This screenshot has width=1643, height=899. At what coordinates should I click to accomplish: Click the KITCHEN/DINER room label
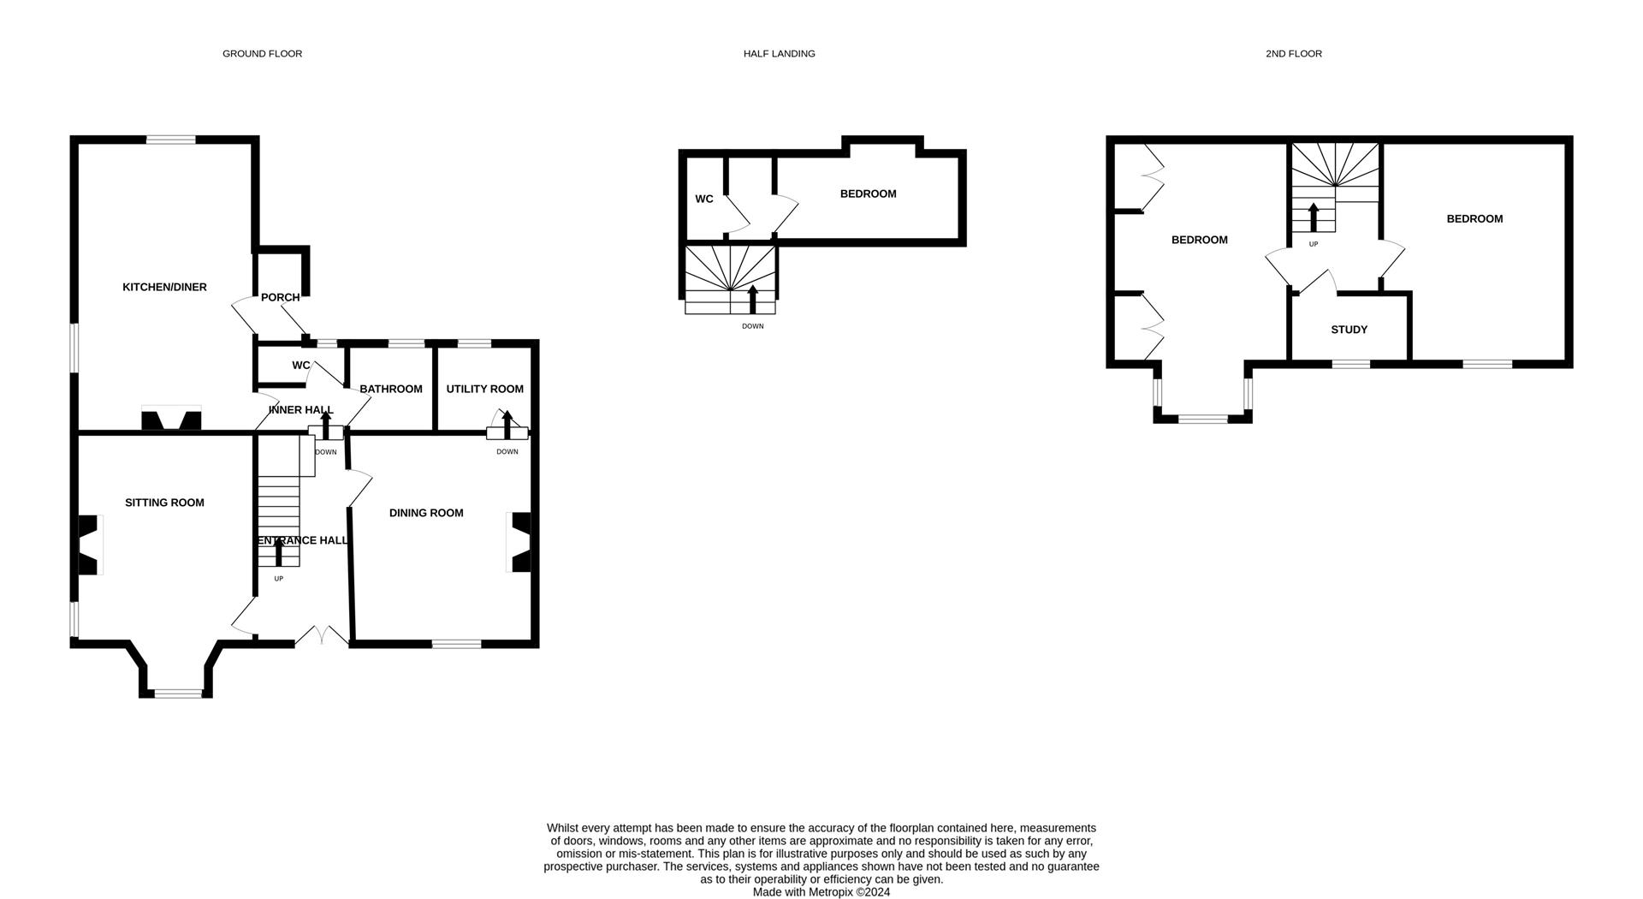[x=164, y=287]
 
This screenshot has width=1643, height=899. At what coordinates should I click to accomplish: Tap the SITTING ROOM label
[x=164, y=503]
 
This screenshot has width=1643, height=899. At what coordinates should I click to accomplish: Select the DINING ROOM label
[x=426, y=513]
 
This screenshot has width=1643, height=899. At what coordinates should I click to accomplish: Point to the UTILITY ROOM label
[x=484, y=389]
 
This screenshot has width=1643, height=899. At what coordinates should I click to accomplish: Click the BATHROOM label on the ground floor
[x=391, y=389]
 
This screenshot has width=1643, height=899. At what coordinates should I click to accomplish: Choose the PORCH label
[x=280, y=298]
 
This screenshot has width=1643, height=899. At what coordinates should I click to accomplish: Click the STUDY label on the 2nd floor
[x=1349, y=330]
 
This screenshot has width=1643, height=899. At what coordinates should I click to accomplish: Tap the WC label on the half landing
[x=703, y=199]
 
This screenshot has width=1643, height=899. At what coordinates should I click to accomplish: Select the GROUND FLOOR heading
[x=262, y=53]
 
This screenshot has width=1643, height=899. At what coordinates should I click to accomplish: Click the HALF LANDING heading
[x=779, y=53]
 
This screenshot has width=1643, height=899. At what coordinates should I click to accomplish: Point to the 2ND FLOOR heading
[x=1293, y=53]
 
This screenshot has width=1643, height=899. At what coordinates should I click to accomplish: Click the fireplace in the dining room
[x=519, y=542]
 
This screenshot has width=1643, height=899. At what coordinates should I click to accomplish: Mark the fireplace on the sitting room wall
[x=90, y=545]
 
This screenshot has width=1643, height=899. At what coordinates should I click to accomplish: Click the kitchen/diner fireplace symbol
[x=171, y=420]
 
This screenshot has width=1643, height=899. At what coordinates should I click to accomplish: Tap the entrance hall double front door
[x=323, y=637]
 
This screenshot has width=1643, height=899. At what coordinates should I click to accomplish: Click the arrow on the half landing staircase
[x=753, y=299]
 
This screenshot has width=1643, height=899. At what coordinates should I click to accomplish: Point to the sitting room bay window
[x=178, y=693]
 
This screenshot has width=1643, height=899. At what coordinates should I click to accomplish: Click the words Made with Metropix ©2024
[x=821, y=891]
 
